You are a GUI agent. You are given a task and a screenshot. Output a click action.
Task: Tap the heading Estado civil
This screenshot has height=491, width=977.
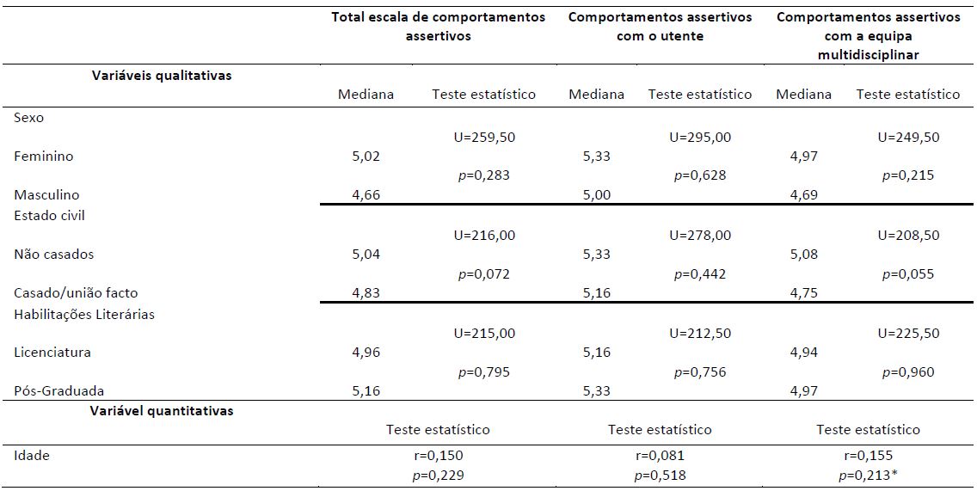point(50,215)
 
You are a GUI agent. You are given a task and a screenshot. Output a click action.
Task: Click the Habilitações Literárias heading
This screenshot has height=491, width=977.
point(84,315)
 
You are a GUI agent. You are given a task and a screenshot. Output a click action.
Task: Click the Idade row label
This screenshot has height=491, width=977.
point(32,456)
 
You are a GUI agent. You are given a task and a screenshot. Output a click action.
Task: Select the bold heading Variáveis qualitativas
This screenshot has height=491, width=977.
point(162,76)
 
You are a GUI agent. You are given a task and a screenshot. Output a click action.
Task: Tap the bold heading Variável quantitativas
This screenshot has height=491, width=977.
point(162,411)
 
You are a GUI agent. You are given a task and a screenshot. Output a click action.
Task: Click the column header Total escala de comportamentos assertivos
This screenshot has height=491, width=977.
point(439,28)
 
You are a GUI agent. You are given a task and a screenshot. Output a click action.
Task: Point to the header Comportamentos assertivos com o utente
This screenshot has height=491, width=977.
point(660,28)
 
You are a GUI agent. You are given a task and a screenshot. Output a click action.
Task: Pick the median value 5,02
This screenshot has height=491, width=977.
point(366,157)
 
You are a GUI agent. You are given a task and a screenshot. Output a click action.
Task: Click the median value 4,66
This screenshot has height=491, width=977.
point(366,195)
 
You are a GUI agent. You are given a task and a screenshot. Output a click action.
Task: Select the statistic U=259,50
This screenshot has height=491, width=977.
point(483,137)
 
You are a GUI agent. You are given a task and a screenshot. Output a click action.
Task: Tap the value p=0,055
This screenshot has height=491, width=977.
point(908,274)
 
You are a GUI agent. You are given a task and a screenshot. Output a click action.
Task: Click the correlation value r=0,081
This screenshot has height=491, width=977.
point(660,456)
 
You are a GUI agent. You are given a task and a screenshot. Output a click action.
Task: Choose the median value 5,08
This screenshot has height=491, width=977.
point(804,255)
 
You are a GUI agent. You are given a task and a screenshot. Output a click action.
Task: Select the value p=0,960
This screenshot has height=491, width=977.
point(908,372)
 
